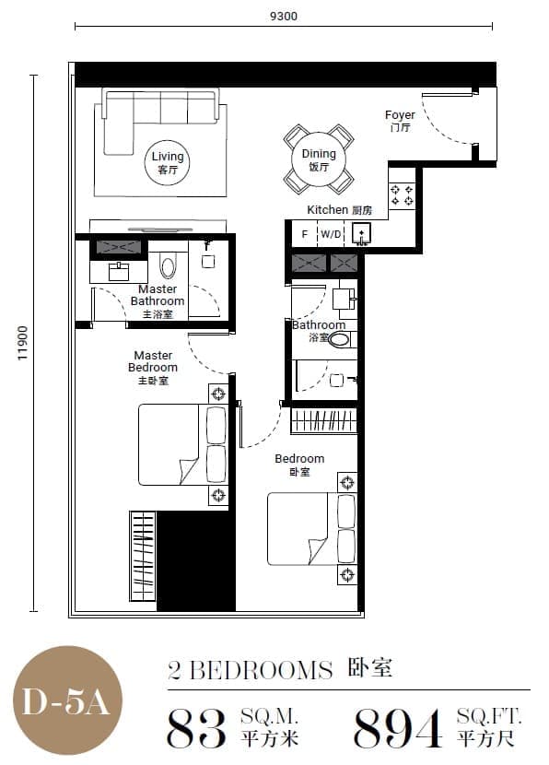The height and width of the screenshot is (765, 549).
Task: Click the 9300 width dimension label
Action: coord(284,16)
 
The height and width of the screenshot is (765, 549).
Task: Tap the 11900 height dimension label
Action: coord(23,344)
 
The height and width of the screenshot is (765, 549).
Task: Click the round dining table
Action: coord(319,159)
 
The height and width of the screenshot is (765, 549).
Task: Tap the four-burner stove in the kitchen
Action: coord(402,195)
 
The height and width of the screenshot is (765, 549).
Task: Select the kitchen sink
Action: coord(361,233)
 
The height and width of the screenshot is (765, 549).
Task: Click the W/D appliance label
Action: coord(331,234)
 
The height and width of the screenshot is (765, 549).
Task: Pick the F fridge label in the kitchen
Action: coord(305,235)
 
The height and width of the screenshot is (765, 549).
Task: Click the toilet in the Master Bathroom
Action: coord(169,266)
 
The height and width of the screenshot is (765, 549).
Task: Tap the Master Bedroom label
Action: coord(153,368)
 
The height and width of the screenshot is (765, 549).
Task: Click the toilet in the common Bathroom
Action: coord(339,339)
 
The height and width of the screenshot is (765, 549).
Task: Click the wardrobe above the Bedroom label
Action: coord(323,420)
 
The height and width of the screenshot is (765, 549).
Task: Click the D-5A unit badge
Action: coord(67,701)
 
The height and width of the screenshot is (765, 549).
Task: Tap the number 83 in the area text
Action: coord(196,728)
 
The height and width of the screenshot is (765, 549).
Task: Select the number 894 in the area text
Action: coord(398,728)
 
